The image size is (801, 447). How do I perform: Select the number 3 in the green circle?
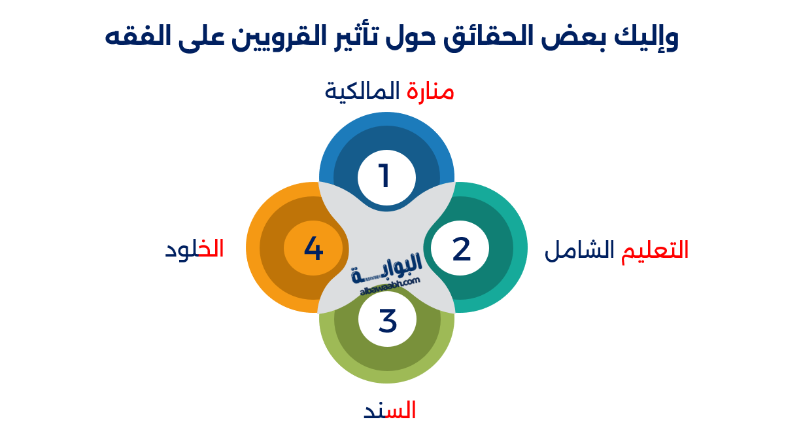[x=387, y=321]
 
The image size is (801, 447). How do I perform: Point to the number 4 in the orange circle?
[x=314, y=249]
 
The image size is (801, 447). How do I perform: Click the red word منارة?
[x=430, y=92]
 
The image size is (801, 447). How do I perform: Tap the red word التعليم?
[x=655, y=251]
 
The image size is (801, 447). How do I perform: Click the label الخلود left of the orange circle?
[x=194, y=249]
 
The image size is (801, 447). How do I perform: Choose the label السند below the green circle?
[x=390, y=411]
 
